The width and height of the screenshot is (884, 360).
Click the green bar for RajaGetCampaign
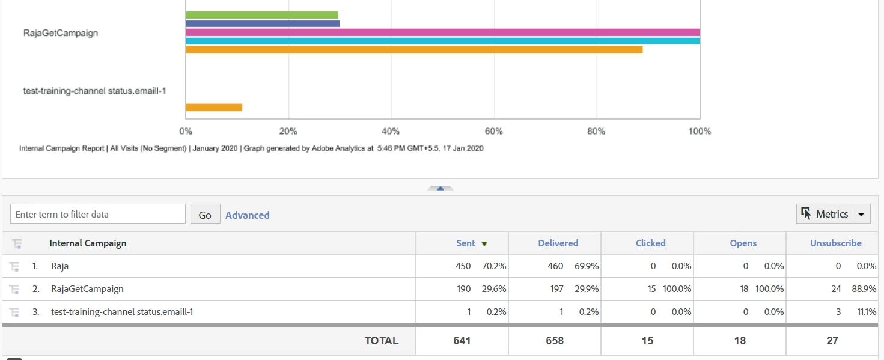[261, 15]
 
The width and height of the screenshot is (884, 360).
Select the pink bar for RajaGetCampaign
[442, 32]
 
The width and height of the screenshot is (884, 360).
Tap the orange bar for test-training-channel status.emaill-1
[214, 108]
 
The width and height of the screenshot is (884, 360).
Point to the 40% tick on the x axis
[391, 131]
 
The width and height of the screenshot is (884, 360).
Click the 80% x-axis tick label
[596, 131]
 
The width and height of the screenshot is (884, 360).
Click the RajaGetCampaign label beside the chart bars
[61, 33]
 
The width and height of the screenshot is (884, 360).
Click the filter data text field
[98, 214]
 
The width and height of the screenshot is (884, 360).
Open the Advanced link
[248, 215]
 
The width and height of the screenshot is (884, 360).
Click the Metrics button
[825, 214]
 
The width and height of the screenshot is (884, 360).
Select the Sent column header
[466, 243]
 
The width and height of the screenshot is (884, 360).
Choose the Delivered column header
[558, 243]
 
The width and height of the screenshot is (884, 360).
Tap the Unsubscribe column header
[835, 243]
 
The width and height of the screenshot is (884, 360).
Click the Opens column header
[743, 243]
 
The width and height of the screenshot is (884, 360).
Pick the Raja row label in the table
[60, 266]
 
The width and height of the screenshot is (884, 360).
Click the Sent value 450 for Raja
[463, 266]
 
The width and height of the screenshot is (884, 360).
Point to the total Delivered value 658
[555, 341]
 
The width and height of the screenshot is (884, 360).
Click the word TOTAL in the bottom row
[382, 341]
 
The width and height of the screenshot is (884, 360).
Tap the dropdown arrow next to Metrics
[862, 214]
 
